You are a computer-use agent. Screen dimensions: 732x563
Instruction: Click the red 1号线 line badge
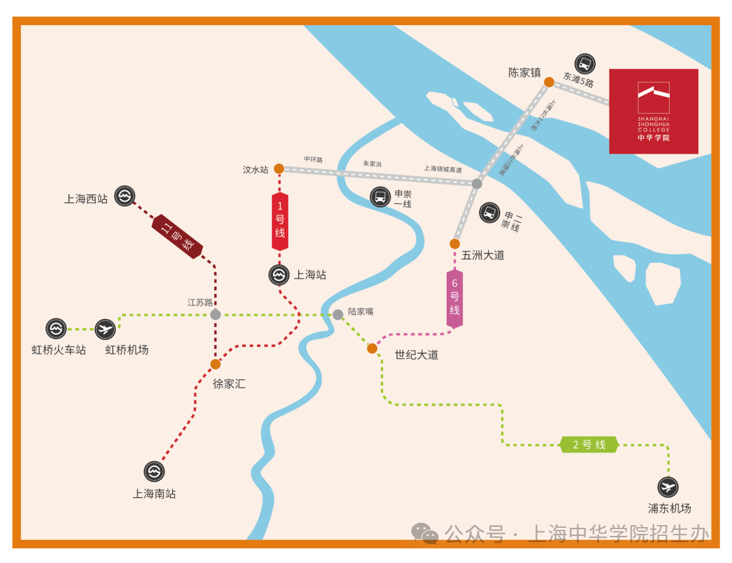280,221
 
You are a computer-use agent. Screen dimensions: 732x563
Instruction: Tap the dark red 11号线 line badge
178,236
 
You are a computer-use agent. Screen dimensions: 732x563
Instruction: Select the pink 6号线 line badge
455,298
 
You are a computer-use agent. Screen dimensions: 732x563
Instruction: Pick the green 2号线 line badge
589,444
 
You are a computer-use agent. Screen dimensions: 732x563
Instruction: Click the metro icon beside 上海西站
124,196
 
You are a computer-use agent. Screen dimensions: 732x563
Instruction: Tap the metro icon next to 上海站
279,274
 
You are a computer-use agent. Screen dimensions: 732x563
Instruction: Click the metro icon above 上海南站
154,471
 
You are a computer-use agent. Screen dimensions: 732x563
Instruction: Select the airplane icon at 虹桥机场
105,329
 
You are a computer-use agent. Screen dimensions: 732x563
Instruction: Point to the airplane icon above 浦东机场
668,486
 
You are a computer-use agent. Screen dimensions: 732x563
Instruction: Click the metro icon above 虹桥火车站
56,329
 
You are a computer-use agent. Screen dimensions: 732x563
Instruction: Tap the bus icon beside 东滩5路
584,64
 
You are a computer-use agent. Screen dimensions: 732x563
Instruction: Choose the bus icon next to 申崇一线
380,197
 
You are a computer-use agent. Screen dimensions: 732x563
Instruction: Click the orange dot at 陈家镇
549,82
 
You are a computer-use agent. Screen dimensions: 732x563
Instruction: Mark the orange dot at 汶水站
279,169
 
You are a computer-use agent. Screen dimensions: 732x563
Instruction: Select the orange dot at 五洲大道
455,244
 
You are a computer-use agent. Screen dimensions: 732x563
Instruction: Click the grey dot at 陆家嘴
338,314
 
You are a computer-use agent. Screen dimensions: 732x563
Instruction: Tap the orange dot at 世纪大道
372,348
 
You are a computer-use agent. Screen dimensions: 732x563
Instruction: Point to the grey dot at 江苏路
216,314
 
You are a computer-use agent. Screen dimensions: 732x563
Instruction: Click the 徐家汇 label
229,383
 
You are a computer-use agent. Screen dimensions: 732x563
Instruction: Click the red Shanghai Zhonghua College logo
653,111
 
